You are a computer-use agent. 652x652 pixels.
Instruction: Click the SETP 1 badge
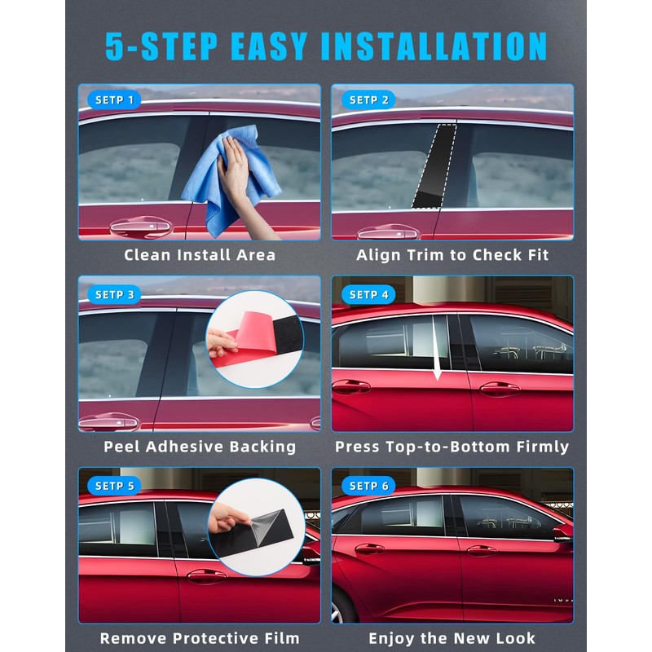point(115,100)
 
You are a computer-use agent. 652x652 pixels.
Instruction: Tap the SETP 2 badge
point(369,100)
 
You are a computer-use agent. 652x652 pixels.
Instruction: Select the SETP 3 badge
point(115,294)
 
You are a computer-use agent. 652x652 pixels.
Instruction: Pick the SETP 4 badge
point(369,294)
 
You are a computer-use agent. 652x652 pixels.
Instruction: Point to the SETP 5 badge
point(115,486)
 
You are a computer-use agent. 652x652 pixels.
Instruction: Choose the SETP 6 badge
point(369,486)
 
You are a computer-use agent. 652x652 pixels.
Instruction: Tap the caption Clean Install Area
point(200,255)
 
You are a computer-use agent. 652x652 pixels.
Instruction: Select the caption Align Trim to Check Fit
point(452,255)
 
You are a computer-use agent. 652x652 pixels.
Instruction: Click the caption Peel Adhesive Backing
point(200,447)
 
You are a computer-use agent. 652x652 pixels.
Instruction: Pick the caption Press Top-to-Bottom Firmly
point(452,447)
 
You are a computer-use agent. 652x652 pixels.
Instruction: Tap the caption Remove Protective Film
point(200,638)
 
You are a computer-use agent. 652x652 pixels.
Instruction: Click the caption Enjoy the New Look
point(452,638)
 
